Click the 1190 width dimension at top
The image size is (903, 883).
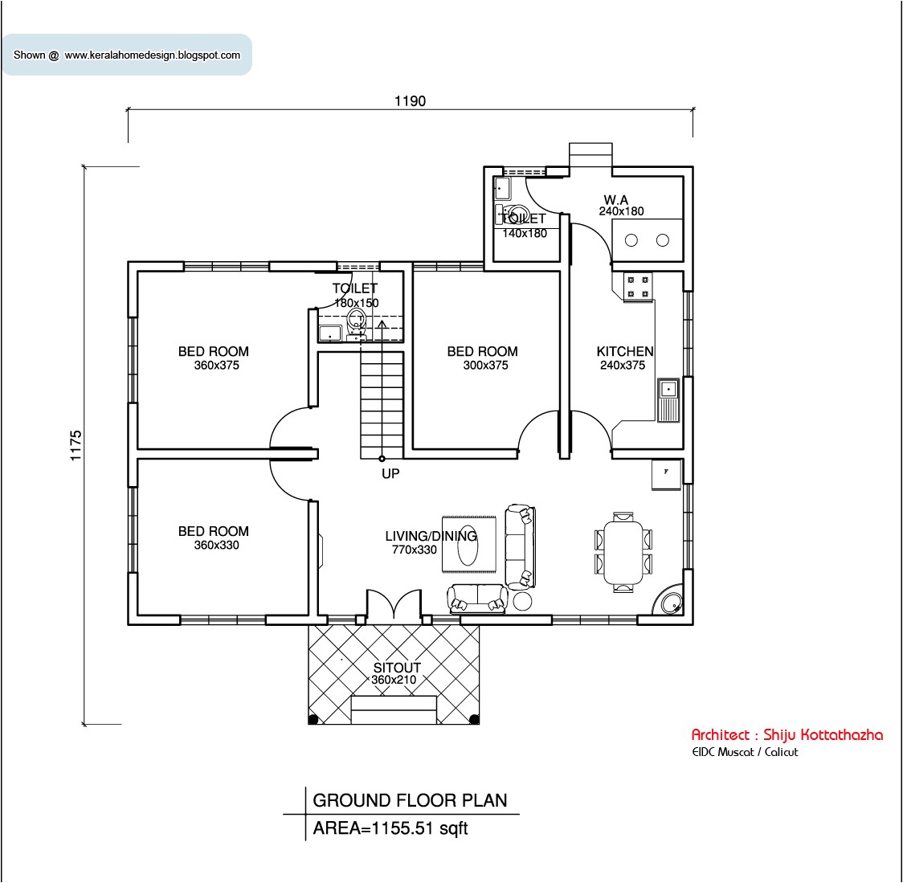tap(410, 101)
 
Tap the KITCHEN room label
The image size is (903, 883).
tap(624, 351)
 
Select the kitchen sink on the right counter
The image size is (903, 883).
tap(668, 399)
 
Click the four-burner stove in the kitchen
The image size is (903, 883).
tap(639, 288)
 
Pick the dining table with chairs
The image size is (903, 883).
tap(623, 551)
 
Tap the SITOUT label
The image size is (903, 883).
tap(397, 668)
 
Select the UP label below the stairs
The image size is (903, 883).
tap(390, 474)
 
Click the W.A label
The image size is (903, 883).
tap(616, 199)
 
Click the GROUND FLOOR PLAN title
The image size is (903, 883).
tap(410, 800)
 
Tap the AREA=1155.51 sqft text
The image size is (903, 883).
tap(390, 828)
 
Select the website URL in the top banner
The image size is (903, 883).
tap(152, 55)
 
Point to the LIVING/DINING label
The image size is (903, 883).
tap(431, 536)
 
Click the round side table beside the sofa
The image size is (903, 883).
tap(522, 601)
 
